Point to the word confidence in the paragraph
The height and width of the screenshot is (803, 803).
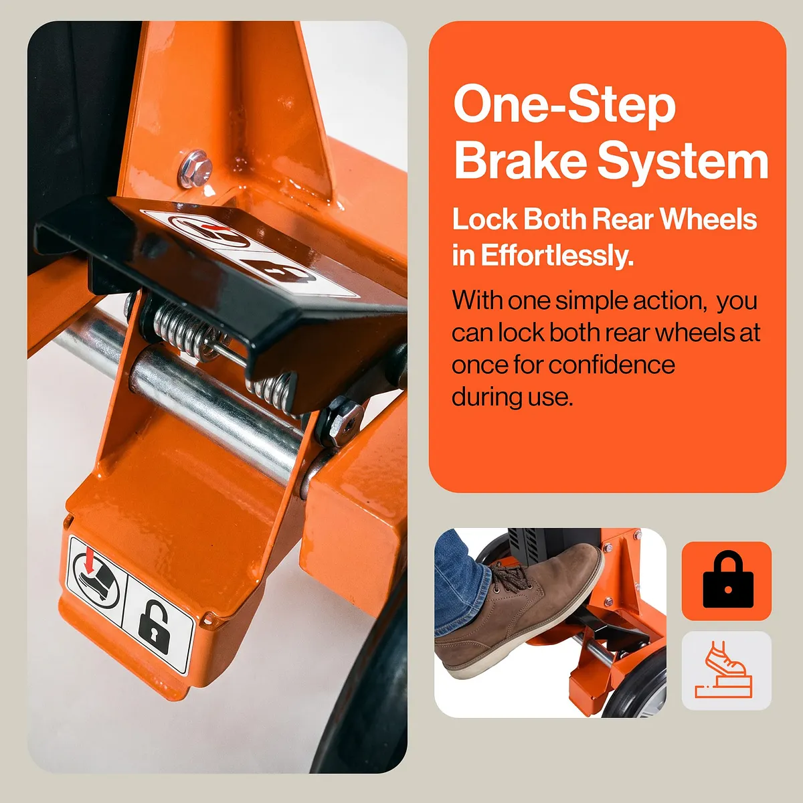tap(612, 365)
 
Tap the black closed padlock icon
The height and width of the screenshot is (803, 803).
tap(728, 579)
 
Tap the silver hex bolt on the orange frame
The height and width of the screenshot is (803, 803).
tap(195, 169)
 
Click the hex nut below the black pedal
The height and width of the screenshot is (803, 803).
tap(339, 420)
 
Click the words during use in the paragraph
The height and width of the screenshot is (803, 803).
tap(512, 397)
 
